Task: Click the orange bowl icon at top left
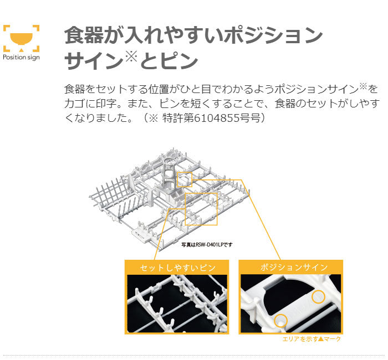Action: pyautogui.click(x=21, y=37)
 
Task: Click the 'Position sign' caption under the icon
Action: pyautogui.click(x=21, y=57)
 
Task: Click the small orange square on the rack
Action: pyautogui.click(x=185, y=178)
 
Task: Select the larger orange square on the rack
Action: pyautogui.click(x=201, y=209)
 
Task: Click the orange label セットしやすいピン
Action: pyautogui.click(x=177, y=268)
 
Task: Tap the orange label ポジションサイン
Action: pyautogui.click(x=291, y=268)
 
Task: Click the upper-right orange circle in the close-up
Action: pyautogui.click(x=318, y=296)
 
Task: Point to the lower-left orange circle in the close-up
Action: pyautogui.click(x=282, y=320)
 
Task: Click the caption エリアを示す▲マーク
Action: pyautogui.click(x=312, y=339)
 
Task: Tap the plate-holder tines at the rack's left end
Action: pyautogui.click(x=114, y=193)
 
